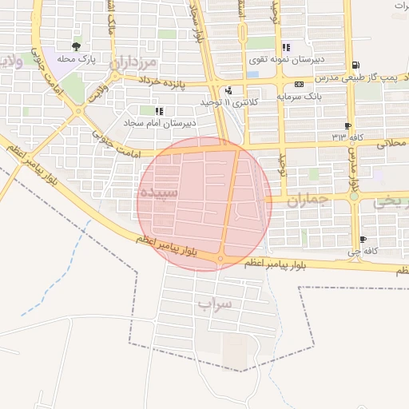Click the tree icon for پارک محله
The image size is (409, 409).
(77, 46)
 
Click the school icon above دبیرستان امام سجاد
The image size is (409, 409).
(159, 111)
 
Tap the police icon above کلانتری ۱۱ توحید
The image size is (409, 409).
(229, 90)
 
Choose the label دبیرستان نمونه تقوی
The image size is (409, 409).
(319, 59)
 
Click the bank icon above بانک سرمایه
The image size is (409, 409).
(299, 84)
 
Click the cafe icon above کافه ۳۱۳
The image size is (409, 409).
(347, 125)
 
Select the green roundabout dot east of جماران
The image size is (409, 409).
(353, 196)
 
